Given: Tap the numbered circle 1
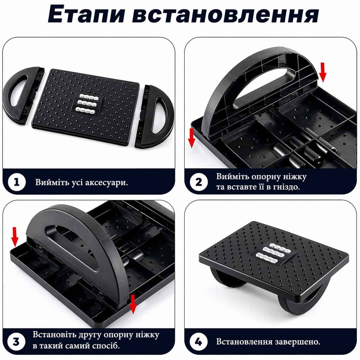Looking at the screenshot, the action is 17,182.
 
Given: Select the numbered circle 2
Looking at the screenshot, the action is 199,182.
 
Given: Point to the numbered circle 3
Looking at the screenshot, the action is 16,341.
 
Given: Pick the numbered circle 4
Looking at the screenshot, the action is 199,341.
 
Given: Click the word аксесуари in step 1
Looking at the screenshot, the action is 106,182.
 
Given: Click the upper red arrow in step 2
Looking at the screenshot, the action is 322,73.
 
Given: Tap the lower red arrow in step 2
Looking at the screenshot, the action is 191,138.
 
